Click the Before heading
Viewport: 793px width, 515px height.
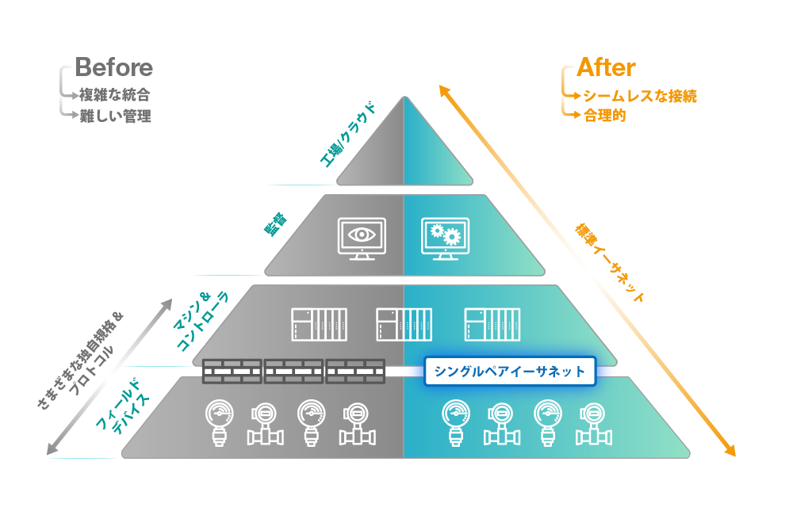click(113, 67)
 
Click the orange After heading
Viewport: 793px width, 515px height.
click(606, 67)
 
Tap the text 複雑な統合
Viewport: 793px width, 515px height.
click(114, 95)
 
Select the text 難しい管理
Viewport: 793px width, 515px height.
click(115, 116)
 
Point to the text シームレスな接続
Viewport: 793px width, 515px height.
click(640, 96)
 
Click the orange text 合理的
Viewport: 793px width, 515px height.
click(605, 116)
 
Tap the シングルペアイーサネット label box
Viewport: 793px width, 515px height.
click(510, 372)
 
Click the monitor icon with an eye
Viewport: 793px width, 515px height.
click(362, 238)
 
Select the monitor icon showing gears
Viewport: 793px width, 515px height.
click(445, 238)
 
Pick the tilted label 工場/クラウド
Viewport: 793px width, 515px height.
click(348, 135)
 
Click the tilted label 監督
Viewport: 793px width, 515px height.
click(276, 224)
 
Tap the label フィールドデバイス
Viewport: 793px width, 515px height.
click(123, 406)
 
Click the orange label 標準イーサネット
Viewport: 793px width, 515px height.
click(610, 263)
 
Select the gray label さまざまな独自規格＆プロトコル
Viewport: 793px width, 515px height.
click(81, 360)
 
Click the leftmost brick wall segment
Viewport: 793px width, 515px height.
click(232, 372)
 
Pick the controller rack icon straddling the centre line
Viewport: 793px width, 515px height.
click(404, 325)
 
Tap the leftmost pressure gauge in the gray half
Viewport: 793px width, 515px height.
click(220, 423)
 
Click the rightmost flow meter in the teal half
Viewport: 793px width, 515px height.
click(594, 424)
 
